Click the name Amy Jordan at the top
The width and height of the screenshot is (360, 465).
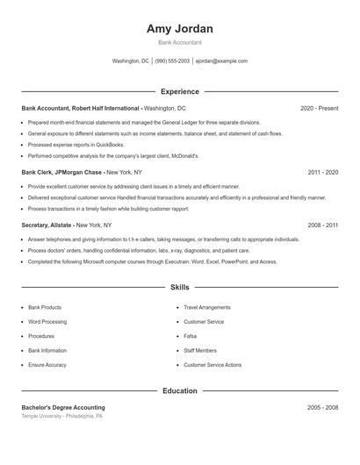[x=179, y=29]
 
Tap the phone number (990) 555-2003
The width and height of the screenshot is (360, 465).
[x=172, y=61]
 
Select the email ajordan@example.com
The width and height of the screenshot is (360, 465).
[x=221, y=61]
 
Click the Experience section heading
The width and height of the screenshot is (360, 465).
[x=179, y=91]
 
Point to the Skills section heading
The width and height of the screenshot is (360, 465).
[x=179, y=287]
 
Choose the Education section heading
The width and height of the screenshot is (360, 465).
[x=179, y=390]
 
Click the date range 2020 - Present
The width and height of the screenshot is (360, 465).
[x=319, y=108]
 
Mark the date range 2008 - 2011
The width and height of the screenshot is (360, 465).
[x=322, y=225]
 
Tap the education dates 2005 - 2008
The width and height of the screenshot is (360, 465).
[x=322, y=408]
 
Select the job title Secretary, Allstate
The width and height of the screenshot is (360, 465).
[x=47, y=225]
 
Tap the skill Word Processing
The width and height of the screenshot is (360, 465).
[x=47, y=322]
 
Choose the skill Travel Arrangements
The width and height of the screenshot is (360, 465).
[x=207, y=308]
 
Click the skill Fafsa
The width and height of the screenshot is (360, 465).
[x=190, y=336]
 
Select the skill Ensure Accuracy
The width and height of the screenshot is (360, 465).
[x=47, y=365]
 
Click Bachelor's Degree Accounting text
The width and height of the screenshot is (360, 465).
[x=63, y=408]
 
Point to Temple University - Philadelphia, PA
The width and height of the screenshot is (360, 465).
[x=62, y=416]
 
